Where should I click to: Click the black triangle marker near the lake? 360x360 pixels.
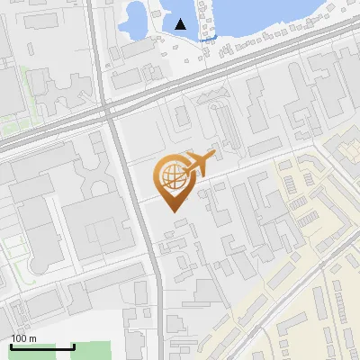(x=182, y=24)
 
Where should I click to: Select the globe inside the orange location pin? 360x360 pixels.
(x=171, y=177)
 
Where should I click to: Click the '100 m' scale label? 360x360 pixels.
(x=24, y=338)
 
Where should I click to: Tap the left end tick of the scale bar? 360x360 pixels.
(x=11, y=346)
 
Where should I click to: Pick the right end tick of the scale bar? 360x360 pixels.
(x=74, y=346)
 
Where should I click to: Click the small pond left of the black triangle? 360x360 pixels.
(x=139, y=20)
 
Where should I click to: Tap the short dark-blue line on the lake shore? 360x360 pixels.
(x=208, y=39)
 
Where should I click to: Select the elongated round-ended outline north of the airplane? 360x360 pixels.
(x=221, y=127)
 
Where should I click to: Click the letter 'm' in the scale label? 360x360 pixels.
(x=32, y=338)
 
